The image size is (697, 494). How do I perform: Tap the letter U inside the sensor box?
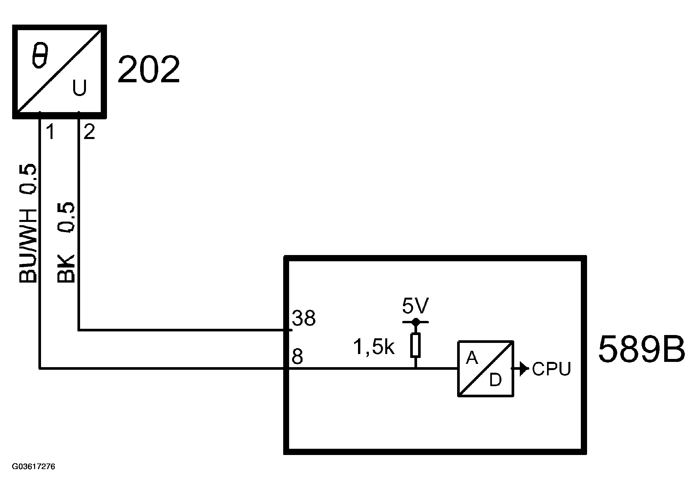[79, 88]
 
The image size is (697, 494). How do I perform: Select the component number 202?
[149, 69]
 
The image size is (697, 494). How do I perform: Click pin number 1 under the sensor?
[50, 132]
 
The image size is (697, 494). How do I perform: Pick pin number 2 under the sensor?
[89, 132]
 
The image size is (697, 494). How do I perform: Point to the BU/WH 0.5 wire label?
[28, 223]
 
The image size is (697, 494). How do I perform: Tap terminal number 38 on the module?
[304, 318]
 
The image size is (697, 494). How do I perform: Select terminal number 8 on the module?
[297, 357]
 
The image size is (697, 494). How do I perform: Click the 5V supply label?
[415, 306]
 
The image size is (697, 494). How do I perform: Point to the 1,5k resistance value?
[373, 347]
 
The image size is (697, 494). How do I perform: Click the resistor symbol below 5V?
[415, 345]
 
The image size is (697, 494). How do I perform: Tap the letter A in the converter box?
[472, 358]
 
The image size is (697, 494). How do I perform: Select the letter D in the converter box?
[496, 380]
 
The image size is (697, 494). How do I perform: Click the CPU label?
[552, 369]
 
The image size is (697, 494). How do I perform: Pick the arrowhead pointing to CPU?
[524, 368]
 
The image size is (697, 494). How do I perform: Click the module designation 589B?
[642, 349]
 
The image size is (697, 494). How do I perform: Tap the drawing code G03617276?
[33, 466]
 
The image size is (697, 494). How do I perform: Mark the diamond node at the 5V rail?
[415, 322]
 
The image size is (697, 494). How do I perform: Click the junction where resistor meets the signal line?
[415, 368]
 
